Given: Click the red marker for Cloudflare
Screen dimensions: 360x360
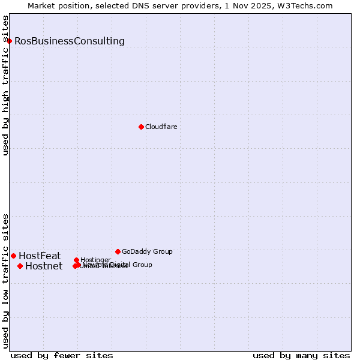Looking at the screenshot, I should click(x=141, y=127).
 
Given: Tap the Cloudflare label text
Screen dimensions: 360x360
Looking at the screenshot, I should click(x=161, y=127).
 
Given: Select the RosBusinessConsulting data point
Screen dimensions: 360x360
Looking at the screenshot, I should click(x=10, y=41).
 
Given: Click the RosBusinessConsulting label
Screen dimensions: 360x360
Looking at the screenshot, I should click(x=70, y=41).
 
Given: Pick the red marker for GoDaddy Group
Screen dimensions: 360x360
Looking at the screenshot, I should click(x=118, y=251).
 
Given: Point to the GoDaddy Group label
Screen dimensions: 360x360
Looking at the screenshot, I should click(x=147, y=251).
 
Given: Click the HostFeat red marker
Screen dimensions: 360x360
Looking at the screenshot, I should click(x=13, y=256).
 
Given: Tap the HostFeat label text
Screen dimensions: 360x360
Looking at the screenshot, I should click(x=40, y=256).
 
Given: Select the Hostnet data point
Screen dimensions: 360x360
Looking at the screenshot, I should click(x=20, y=266).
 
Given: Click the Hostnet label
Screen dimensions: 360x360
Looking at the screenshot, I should click(x=44, y=266).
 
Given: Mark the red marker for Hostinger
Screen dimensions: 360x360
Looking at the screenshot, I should click(x=76, y=260).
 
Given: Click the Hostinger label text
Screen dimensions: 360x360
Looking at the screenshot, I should click(x=95, y=260).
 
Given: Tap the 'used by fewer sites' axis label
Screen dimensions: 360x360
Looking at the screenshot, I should click(x=62, y=355).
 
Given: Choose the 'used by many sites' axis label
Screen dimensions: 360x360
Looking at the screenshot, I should click(x=301, y=355).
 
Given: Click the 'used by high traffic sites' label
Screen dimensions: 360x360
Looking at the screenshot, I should click(x=6, y=85).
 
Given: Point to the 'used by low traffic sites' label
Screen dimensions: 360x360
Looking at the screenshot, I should click(x=6, y=281).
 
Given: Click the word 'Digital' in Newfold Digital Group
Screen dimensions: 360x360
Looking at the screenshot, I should click(x=121, y=265).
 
